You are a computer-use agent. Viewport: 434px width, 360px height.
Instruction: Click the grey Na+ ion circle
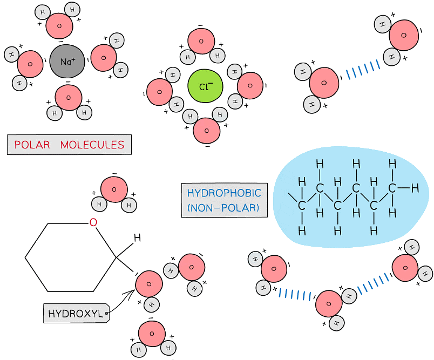(67, 62)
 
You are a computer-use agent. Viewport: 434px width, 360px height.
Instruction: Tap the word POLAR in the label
(32, 145)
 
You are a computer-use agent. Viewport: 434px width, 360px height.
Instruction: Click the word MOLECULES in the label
(92, 145)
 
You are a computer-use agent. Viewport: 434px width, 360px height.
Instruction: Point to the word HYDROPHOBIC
(224, 193)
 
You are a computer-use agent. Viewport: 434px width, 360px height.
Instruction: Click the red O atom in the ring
(93, 222)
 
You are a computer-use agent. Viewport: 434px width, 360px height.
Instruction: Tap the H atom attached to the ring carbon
(137, 238)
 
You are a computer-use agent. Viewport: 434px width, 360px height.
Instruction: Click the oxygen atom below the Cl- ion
(206, 130)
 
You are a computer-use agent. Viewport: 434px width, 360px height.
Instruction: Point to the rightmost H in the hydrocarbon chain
(415, 188)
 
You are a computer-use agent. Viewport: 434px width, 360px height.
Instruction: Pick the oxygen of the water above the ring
(114, 189)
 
